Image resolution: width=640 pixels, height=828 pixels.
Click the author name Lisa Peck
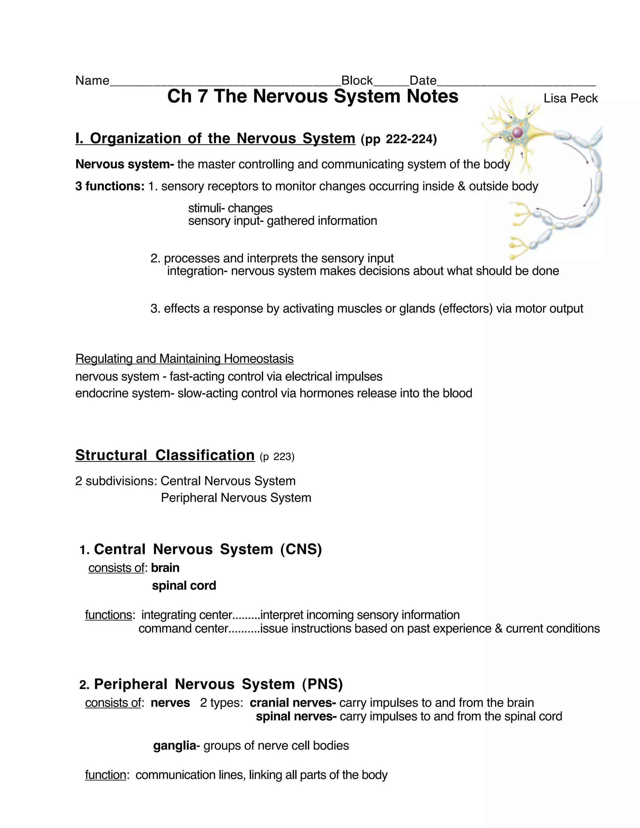[x=570, y=98]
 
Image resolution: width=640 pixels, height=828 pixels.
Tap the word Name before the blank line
[x=92, y=80]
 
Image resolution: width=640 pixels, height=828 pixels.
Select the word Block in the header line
[x=357, y=80]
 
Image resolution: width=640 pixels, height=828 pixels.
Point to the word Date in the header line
[x=423, y=80]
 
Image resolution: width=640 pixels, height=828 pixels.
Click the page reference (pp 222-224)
[x=398, y=140]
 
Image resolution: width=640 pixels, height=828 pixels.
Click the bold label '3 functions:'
[x=110, y=186]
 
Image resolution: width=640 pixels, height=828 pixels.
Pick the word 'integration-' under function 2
[x=197, y=271]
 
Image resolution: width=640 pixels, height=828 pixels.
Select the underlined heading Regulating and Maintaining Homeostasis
[x=184, y=359]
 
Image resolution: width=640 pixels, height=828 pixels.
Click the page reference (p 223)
[x=277, y=457]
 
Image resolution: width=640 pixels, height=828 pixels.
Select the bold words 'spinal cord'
[x=184, y=586]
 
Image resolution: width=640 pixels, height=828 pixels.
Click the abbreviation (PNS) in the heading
[x=322, y=684]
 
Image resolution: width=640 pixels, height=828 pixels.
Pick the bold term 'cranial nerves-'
[x=293, y=703]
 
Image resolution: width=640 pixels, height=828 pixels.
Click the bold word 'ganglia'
[x=174, y=746]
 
